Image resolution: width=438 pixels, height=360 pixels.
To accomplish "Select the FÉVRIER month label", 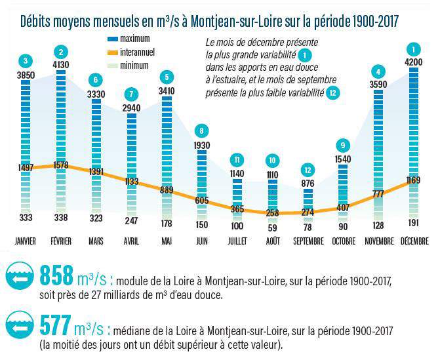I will tap(61, 241).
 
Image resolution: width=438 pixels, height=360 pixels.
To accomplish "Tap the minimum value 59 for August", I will tap(272, 228).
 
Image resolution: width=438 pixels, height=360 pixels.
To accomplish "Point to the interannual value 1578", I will tap(61, 165).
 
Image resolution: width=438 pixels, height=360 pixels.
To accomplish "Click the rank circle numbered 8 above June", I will tap(202, 130).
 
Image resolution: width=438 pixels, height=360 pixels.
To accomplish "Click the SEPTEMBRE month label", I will tap(308, 241).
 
